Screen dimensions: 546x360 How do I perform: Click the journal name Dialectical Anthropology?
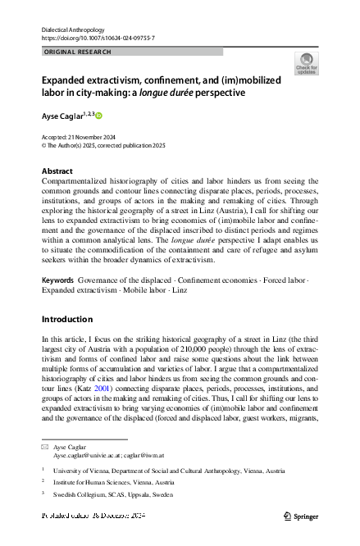(x=79, y=29)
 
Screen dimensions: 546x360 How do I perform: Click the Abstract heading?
(x=57, y=171)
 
